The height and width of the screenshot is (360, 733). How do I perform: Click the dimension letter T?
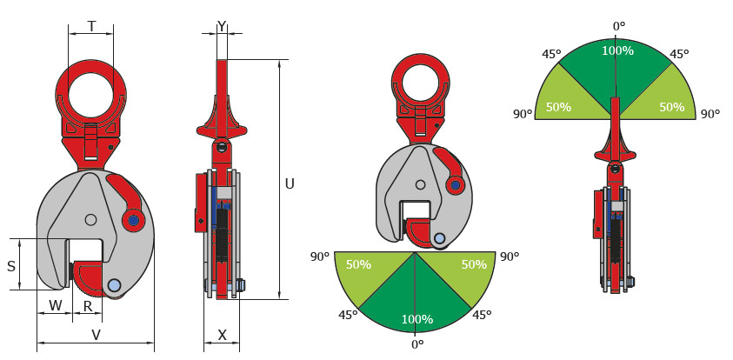click(91, 27)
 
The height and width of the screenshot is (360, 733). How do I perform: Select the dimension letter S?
click(11, 266)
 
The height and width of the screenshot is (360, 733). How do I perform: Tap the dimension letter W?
click(56, 306)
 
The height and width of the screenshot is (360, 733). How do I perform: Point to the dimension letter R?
click(88, 306)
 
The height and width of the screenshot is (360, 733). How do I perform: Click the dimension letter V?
click(96, 335)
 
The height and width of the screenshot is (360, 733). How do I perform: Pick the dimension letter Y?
click(222, 27)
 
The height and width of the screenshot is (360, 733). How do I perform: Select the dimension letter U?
click(290, 184)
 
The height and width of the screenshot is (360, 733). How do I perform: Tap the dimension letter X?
click(223, 335)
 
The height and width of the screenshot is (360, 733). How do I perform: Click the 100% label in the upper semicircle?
click(617, 50)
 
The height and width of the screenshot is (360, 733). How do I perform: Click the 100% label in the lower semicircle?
click(417, 319)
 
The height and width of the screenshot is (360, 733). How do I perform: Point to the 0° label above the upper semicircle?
click(619, 26)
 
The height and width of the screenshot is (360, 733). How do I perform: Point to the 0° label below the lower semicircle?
click(417, 344)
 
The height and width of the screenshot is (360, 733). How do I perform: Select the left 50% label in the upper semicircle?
click(558, 107)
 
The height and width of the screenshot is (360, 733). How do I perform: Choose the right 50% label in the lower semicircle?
click(474, 264)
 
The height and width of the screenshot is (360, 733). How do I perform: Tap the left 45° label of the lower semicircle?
click(348, 315)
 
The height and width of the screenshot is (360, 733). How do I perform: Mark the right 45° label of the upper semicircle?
click(679, 54)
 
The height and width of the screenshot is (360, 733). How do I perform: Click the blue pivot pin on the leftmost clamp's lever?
click(134, 220)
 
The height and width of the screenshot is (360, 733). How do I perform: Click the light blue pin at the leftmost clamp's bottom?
click(114, 284)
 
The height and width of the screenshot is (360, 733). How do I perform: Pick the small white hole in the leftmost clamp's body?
click(91, 219)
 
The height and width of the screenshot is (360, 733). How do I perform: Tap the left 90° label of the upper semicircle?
click(523, 114)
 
